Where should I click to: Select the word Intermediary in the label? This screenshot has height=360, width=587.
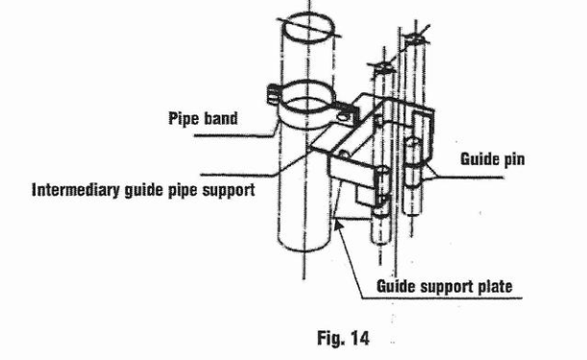(76, 189)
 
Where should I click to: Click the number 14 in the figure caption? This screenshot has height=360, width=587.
(359, 338)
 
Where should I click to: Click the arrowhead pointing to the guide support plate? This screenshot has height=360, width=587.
(338, 226)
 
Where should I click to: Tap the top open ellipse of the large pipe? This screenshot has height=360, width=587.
(308, 28)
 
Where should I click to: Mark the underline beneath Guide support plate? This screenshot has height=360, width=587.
(442, 299)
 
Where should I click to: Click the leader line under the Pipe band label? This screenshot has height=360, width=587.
(235, 135)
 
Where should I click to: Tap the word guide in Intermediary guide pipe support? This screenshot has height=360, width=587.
(144, 190)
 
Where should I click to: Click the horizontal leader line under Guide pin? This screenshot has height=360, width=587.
(465, 177)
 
